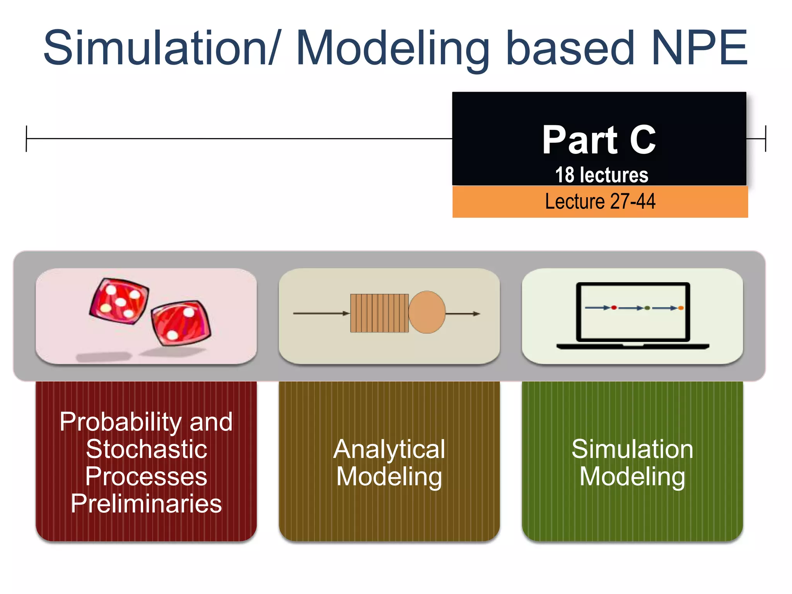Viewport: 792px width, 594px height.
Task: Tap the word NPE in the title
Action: point(699,48)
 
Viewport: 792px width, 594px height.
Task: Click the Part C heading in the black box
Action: point(599,140)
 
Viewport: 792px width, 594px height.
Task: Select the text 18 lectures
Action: point(601,175)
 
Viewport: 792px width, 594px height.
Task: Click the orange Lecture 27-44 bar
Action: point(600,202)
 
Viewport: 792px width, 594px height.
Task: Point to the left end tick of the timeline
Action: point(26,138)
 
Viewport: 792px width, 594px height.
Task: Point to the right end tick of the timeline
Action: point(765,138)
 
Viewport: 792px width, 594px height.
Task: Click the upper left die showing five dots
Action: point(119,301)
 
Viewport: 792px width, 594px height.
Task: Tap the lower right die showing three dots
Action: point(181,323)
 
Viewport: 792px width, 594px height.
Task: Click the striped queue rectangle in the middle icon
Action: point(379,313)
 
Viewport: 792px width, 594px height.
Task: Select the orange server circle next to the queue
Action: point(427,312)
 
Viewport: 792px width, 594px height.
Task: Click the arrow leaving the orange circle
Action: point(463,314)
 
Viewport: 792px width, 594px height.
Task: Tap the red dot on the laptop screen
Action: point(614,308)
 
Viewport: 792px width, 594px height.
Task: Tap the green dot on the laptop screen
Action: point(647,308)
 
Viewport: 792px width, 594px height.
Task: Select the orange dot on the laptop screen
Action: point(681,308)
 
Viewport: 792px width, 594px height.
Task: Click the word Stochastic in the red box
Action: point(146,449)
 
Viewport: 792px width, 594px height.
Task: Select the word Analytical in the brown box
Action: point(389,449)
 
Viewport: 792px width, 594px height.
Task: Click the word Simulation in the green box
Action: point(632,449)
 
